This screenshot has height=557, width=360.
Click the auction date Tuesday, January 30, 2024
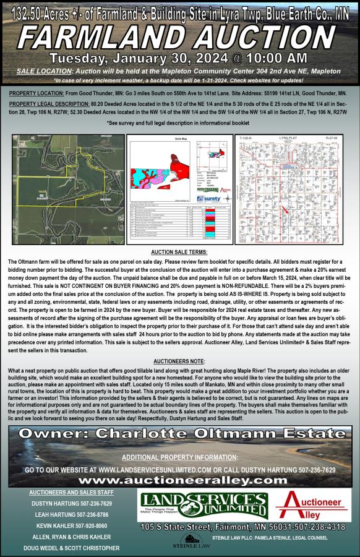[x=124, y=58]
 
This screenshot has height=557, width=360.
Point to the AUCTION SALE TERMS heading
[x=179, y=253]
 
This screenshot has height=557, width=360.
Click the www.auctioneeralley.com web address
[x=180, y=480]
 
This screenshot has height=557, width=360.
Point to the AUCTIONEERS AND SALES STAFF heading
[x=67, y=492]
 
